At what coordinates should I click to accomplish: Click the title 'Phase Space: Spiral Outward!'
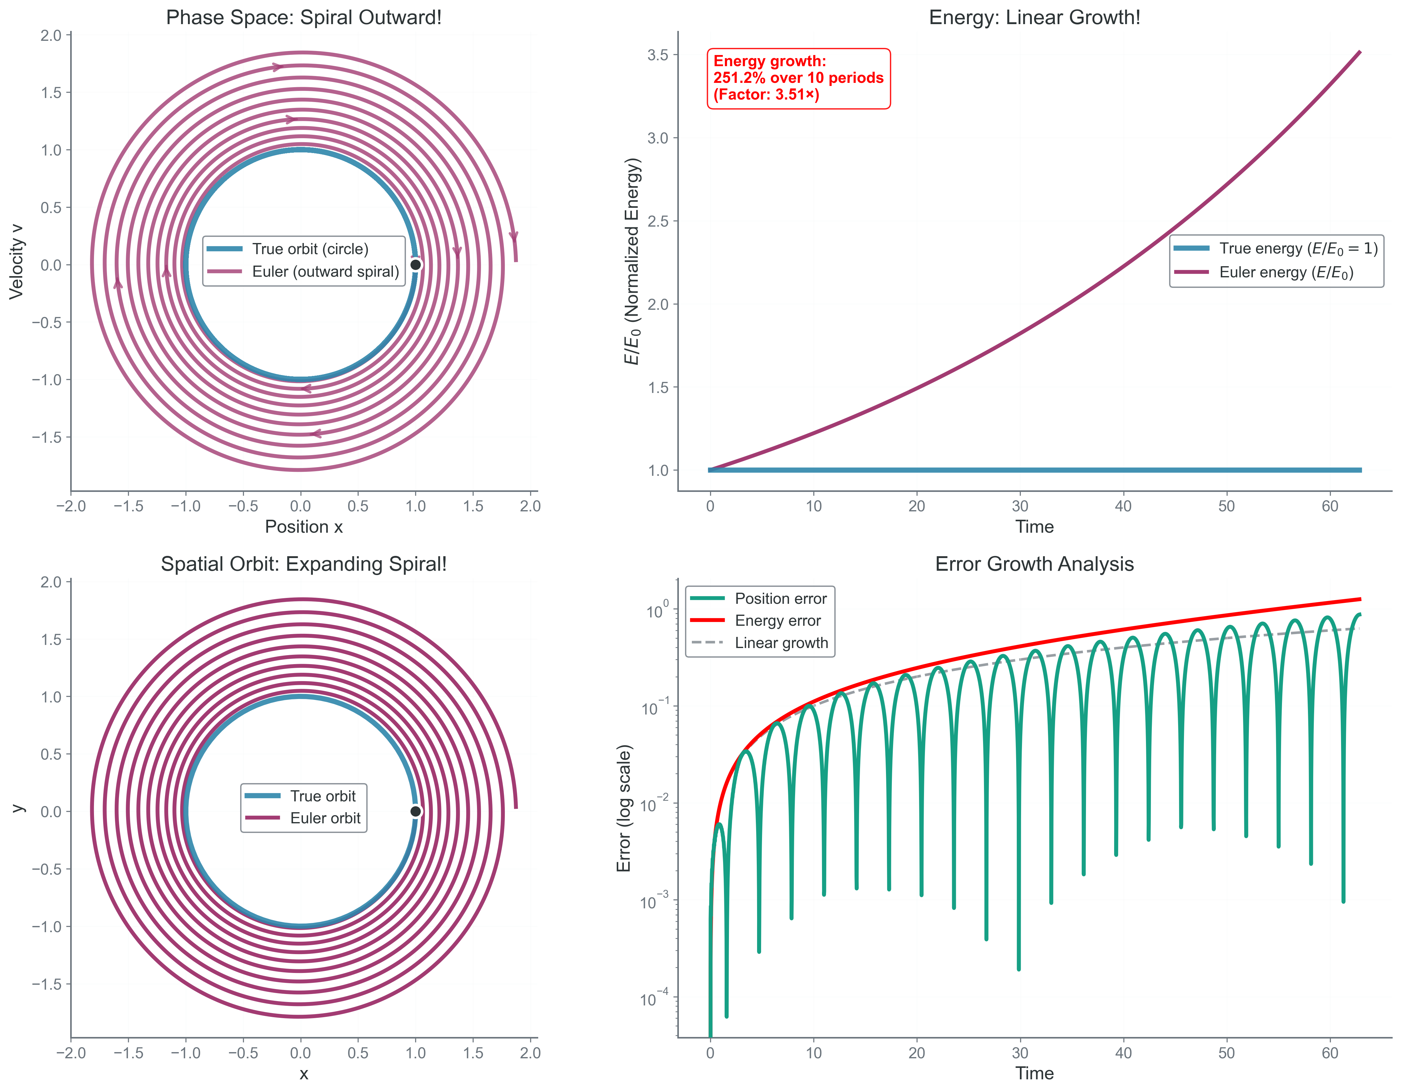click(304, 17)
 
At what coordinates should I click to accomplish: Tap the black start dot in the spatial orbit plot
click(416, 812)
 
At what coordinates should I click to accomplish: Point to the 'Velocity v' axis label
click(16, 262)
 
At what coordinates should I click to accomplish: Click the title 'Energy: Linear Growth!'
click(1034, 17)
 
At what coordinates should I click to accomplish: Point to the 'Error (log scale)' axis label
click(624, 808)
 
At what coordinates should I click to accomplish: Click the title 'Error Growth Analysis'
click(1034, 565)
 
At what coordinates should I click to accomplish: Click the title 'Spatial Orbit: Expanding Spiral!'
click(304, 565)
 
